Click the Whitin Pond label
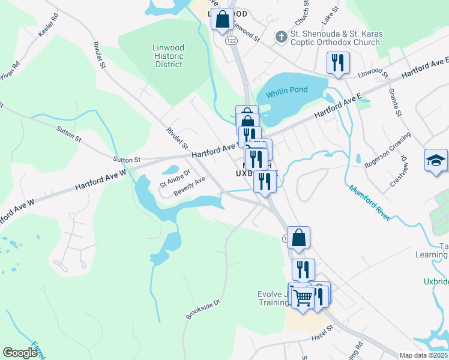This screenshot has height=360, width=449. (287, 90)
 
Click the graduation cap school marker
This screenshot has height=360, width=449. (436, 161)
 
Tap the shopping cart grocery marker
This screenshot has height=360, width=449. (303, 296)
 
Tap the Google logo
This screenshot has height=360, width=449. (20, 353)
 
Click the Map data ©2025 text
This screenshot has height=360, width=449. (423, 355)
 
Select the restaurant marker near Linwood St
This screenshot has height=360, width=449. (338, 63)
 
